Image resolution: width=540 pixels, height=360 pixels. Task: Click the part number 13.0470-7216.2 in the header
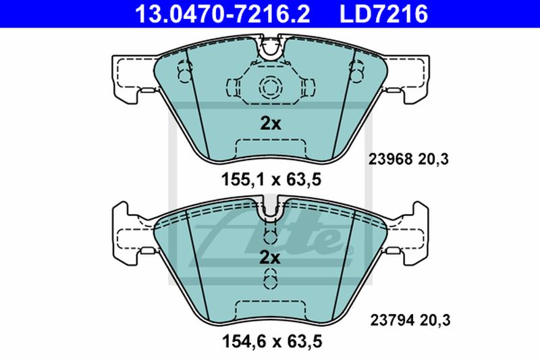point(222,14)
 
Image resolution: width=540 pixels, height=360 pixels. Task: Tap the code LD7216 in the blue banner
point(383,14)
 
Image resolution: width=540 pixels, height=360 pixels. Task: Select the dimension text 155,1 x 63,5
point(271,180)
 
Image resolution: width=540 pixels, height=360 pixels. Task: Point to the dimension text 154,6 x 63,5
point(272,341)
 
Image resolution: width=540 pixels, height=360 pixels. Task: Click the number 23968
point(390,159)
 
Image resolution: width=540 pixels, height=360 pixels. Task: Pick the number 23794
point(392,320)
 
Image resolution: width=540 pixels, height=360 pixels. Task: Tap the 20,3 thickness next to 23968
point(433,159)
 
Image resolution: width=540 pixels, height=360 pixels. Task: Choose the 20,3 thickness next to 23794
point(435,320)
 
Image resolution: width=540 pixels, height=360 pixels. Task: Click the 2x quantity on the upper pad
point(271,123)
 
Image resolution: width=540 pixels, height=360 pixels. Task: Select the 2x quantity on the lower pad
point(269,257)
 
